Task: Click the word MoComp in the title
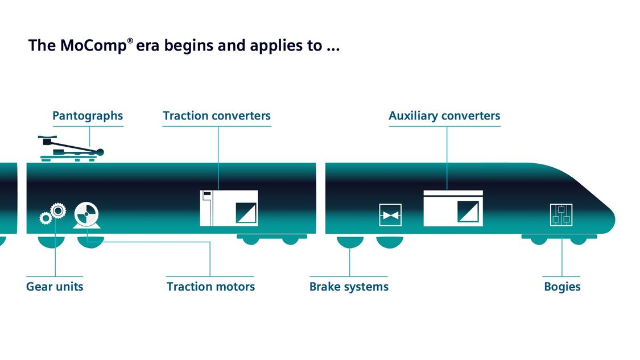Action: coord(93,45)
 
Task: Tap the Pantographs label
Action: coord(88,116)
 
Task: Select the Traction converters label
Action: coord(217,115)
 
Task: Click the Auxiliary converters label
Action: coord(444,116)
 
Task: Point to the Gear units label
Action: coord(55,287)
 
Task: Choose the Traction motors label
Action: coord(210,287)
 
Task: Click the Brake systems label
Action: coord(349,287)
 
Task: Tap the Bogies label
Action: coord(562,287)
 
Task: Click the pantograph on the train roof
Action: coord(71,148)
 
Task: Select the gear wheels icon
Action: coord(53,213)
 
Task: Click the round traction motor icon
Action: coord(86,215)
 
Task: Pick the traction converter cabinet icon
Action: coord(229,208)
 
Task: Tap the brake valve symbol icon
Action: coord(390,215)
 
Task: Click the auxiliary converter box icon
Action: coord(453,208)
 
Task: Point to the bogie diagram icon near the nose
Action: coord(561,215)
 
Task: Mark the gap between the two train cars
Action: coord(320,198)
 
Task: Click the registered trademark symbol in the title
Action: coord(130,41)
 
